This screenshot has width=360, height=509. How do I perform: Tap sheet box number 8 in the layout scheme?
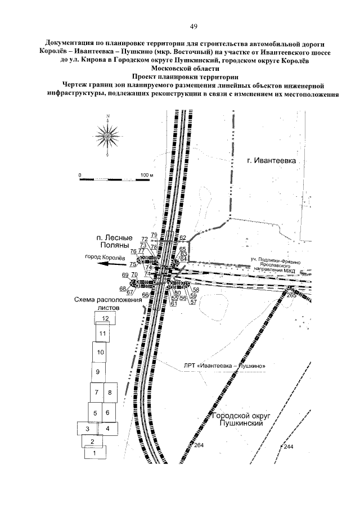point(110,393)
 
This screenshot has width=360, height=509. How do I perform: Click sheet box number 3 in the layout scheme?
point(87,429)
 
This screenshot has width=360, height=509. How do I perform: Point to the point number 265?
point(291,294)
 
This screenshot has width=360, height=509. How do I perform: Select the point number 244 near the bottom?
point(288,446)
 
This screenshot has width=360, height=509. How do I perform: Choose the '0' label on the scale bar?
point(80,175)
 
